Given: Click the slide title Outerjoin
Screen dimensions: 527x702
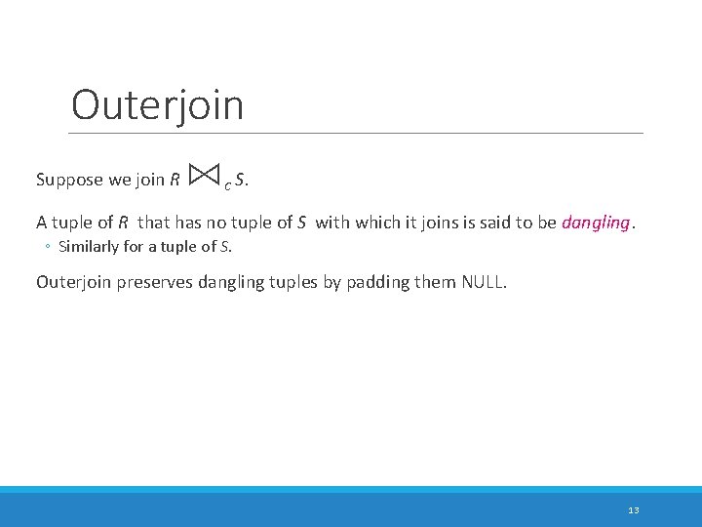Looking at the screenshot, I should [157, 104].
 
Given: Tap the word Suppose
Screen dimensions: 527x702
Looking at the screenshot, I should [68, 180].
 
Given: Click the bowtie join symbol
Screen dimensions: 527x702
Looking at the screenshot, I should [205, 176].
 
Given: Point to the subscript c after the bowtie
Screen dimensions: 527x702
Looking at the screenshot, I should [227, 183].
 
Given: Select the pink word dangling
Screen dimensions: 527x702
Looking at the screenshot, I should [596, 222].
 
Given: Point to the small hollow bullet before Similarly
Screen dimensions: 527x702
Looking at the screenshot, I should [47, 246].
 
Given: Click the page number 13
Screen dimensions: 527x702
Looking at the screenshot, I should [634, 510].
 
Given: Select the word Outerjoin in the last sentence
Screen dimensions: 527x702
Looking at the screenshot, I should [74, 282].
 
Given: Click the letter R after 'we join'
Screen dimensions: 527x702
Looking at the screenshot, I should [174, 180].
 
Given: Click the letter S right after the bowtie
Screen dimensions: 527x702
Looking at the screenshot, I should [240, 180].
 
